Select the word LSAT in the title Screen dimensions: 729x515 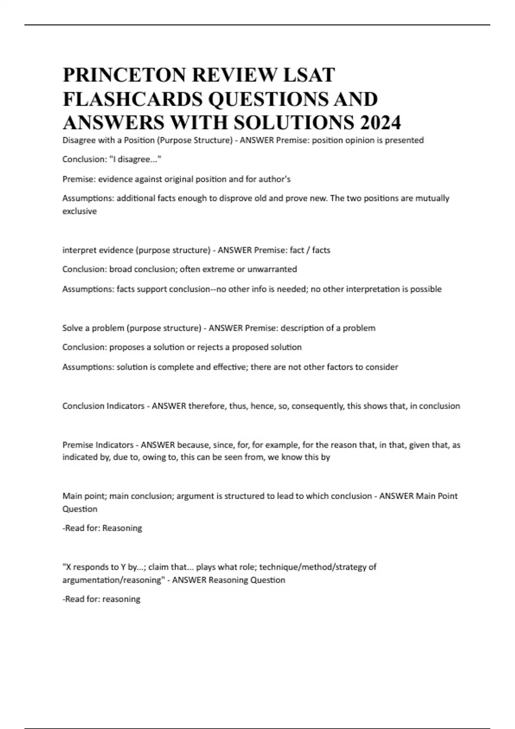pyautogui.click(x=309, y=75)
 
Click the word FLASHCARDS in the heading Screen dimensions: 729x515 pyautogui.click(x=132, y=99)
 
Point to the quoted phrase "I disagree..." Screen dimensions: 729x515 pyautogui.click(x=135, y=160)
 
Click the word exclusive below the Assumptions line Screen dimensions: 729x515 pyautogui.click(x=79, y=211)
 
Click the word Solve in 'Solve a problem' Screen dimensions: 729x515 pyautogui.click(x=72, y=328)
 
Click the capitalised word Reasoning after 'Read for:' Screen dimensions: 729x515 pyautogui.click(x=122, y=528)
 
